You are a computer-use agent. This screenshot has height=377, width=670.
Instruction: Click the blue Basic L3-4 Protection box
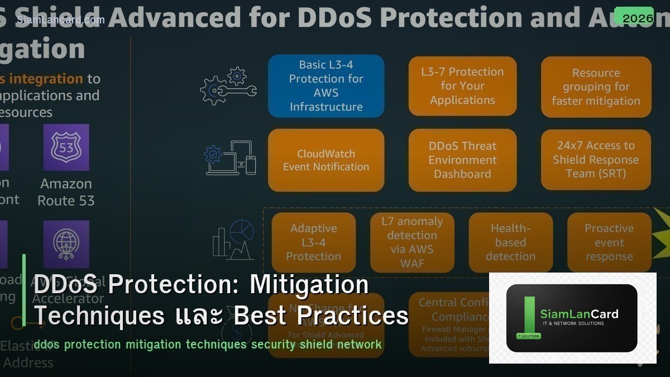click(326, 86)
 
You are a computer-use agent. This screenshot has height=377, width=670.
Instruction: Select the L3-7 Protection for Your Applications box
click(462, 86)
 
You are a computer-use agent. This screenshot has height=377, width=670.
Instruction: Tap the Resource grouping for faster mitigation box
click(596, 87)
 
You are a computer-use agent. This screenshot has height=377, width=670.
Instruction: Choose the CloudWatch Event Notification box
click(326, 160)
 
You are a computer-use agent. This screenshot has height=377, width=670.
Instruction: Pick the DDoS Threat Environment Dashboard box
click(462, 160)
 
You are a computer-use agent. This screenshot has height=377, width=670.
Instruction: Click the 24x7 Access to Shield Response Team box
click(596, 160)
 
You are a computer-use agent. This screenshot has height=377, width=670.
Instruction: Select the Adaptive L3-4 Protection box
click(313, 242)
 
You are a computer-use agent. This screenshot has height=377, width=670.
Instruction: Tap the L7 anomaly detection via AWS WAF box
click(412, 242)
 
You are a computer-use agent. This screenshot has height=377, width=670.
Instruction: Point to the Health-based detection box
click(510, 242)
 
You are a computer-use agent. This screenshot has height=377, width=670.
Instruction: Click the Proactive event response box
click(609, 242)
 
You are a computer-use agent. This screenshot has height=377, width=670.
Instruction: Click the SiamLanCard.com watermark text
click(60, 20)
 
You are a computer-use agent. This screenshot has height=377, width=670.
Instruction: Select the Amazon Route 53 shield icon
click(66, 147)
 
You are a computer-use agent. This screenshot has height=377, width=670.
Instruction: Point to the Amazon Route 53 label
click(66, 192)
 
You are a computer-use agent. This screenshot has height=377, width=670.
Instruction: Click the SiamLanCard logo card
click(572, 318)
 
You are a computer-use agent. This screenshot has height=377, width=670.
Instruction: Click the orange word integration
click(46, 79)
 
